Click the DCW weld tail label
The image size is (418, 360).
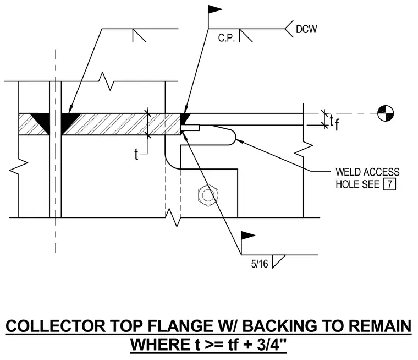(306, 29)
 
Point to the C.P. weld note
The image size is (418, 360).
(227, 38)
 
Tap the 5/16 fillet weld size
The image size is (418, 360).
(260, 264)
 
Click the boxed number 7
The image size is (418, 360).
(390, 184)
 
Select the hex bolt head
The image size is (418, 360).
(208, 195)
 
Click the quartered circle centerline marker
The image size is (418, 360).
(386, 113)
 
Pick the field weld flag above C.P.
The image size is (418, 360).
(215, 10)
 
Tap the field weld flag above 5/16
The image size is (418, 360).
(248, 236)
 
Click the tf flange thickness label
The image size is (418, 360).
(334, 123)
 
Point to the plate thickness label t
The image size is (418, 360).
(136, 154)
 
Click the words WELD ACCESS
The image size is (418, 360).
(367, 172)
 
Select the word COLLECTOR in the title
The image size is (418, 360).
(56, 326)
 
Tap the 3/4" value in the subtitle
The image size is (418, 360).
(272, 344)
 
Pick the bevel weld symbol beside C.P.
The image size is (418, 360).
(245, 35)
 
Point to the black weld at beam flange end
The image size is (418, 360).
(185, 119)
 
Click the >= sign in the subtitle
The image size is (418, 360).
(215, 345)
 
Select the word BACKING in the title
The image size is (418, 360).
(280, 326)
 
